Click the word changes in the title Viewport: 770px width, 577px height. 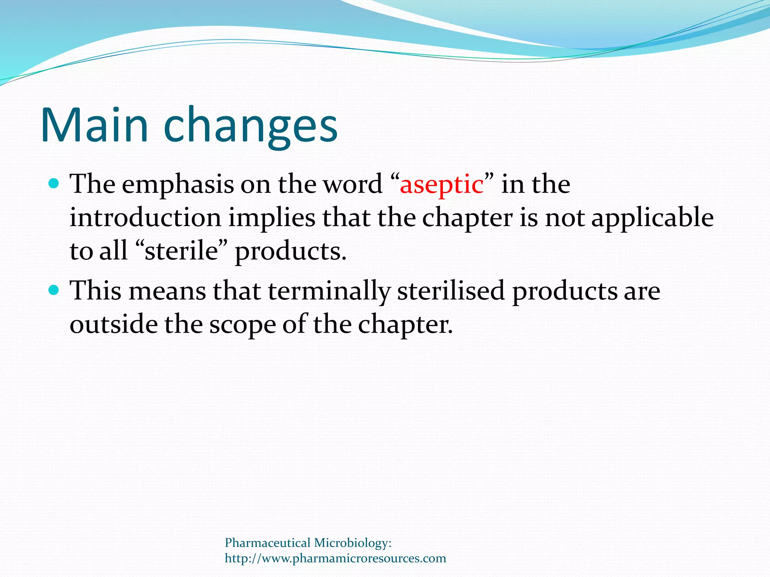251,126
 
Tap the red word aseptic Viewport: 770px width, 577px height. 441,185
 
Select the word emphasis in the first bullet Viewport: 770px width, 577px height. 177,185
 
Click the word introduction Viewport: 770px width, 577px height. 146,218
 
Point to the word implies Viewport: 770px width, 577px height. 272,218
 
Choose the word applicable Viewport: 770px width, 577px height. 652,218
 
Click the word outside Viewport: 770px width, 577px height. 114,324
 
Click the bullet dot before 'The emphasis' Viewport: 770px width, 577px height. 54,184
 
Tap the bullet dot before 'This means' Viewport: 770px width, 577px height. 54,290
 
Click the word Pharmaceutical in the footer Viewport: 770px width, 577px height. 268,543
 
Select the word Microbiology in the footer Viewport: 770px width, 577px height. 353,543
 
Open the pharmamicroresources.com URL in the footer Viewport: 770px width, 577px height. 335,559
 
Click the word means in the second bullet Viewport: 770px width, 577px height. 167,291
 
